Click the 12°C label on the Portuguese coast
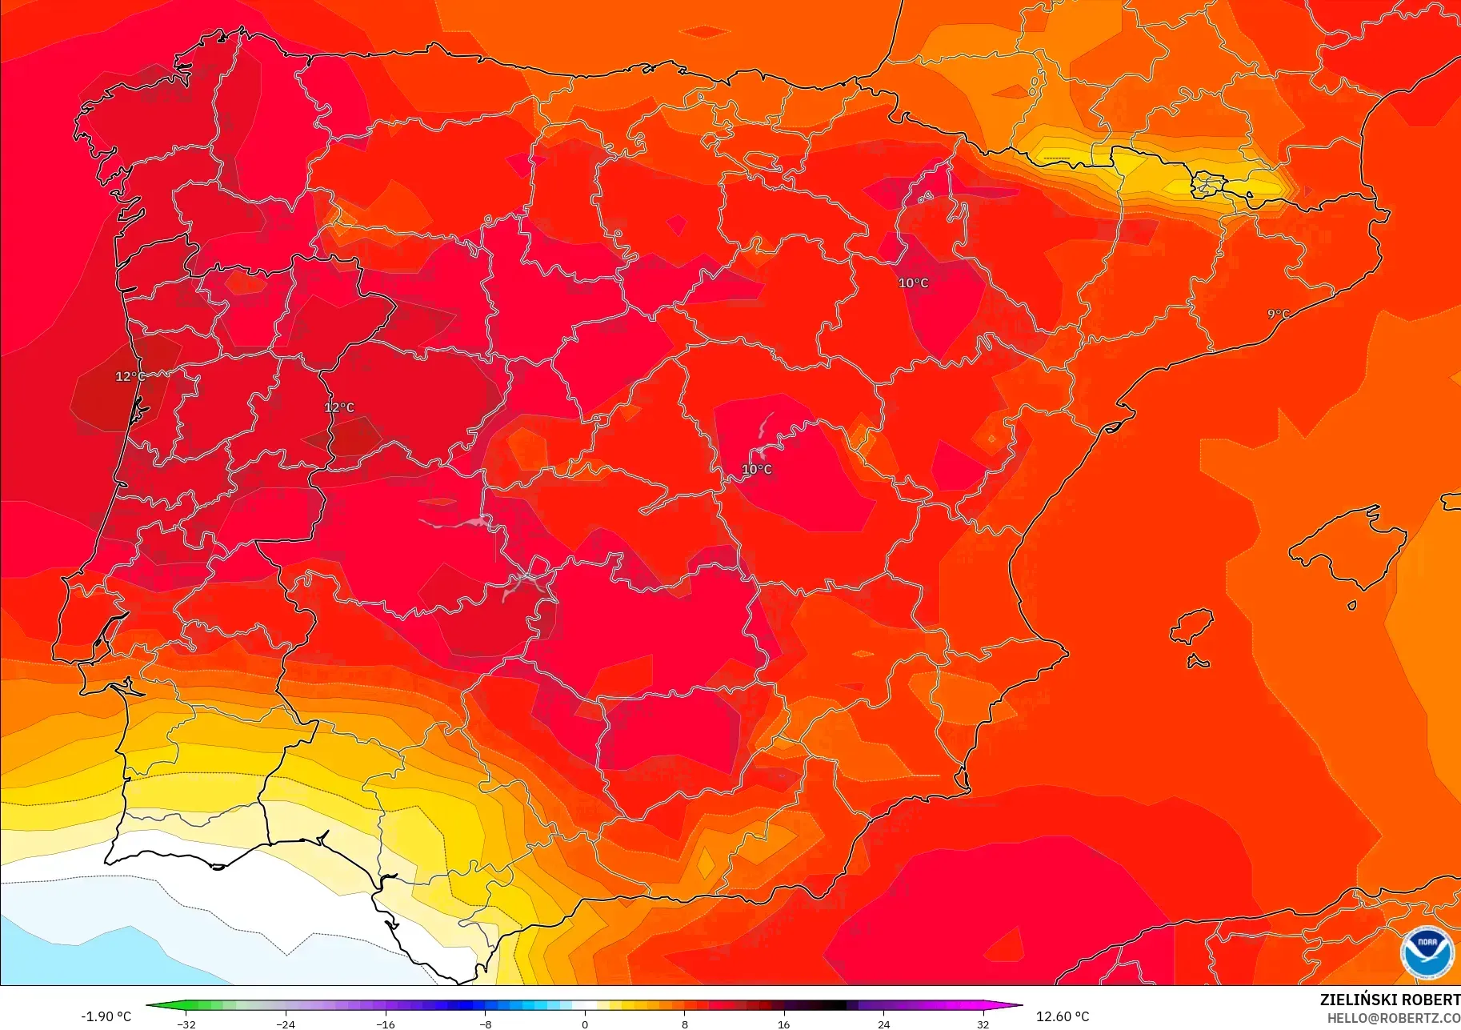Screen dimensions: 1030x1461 130,376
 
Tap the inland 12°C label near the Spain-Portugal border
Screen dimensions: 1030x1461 339,407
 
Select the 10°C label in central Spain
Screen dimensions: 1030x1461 757,470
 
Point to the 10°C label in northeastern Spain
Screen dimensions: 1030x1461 913,283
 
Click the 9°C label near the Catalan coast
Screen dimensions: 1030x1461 1279,314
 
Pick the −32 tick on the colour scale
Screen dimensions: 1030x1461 186,1024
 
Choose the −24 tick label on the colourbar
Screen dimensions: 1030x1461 286,1024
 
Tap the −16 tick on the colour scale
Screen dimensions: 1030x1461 386,1024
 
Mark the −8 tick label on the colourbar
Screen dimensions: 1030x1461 486,1024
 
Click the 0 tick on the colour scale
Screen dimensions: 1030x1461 585,1024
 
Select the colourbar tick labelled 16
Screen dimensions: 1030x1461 784,1024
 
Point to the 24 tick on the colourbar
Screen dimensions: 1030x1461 883,1024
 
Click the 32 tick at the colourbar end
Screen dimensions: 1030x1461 983,1024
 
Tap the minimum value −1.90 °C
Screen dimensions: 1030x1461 106,1016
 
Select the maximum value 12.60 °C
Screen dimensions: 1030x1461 1063,1016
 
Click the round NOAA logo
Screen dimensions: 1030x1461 1427,952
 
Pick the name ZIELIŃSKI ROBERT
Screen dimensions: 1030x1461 1390,1000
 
